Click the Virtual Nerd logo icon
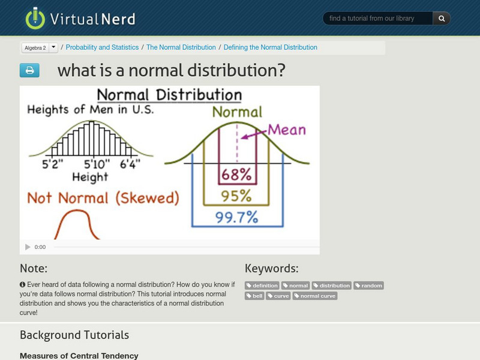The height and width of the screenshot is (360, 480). [x=35, y=18]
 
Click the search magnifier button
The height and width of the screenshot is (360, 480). [x=442, y=19]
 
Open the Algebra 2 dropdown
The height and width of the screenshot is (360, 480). [x=53, y=47]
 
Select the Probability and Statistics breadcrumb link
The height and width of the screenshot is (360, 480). [x=102, y=47]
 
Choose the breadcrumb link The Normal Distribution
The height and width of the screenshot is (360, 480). [x=181, y=47]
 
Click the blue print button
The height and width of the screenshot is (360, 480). [x=29, y=70]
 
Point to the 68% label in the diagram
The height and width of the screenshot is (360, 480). [x=236, y=175]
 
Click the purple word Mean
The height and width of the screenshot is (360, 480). [x=286, y=130]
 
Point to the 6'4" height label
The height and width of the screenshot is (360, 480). [x=130, y=163]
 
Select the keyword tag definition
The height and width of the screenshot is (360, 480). [x=262, y=286]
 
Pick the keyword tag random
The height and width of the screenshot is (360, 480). [x=368, y=286]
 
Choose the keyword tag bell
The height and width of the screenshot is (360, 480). [x=254, y=296]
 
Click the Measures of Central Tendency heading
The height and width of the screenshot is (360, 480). [x=79, y=356]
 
